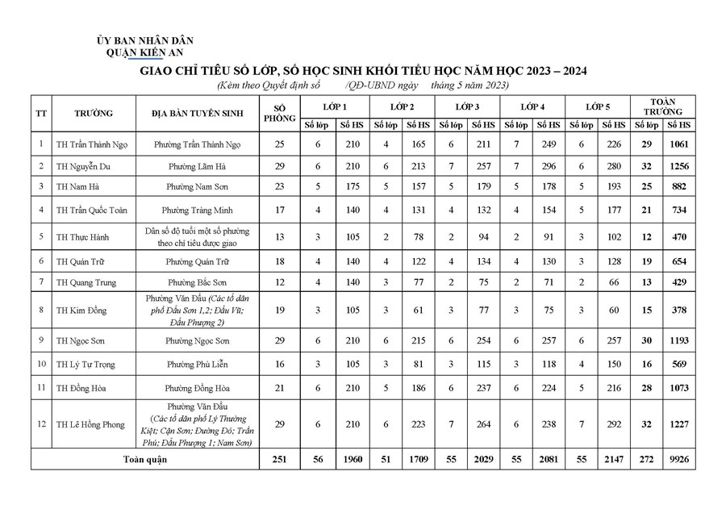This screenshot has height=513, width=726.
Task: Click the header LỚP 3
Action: pos(467,106)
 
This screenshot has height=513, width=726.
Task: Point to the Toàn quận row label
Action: pos(145,460)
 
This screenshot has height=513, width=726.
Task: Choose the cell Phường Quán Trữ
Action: pos(205,262)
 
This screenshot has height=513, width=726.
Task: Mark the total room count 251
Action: pos(280,460)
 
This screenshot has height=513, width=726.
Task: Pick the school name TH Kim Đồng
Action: pos(81,310)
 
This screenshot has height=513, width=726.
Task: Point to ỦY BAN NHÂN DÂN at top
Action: pos(145,40)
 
